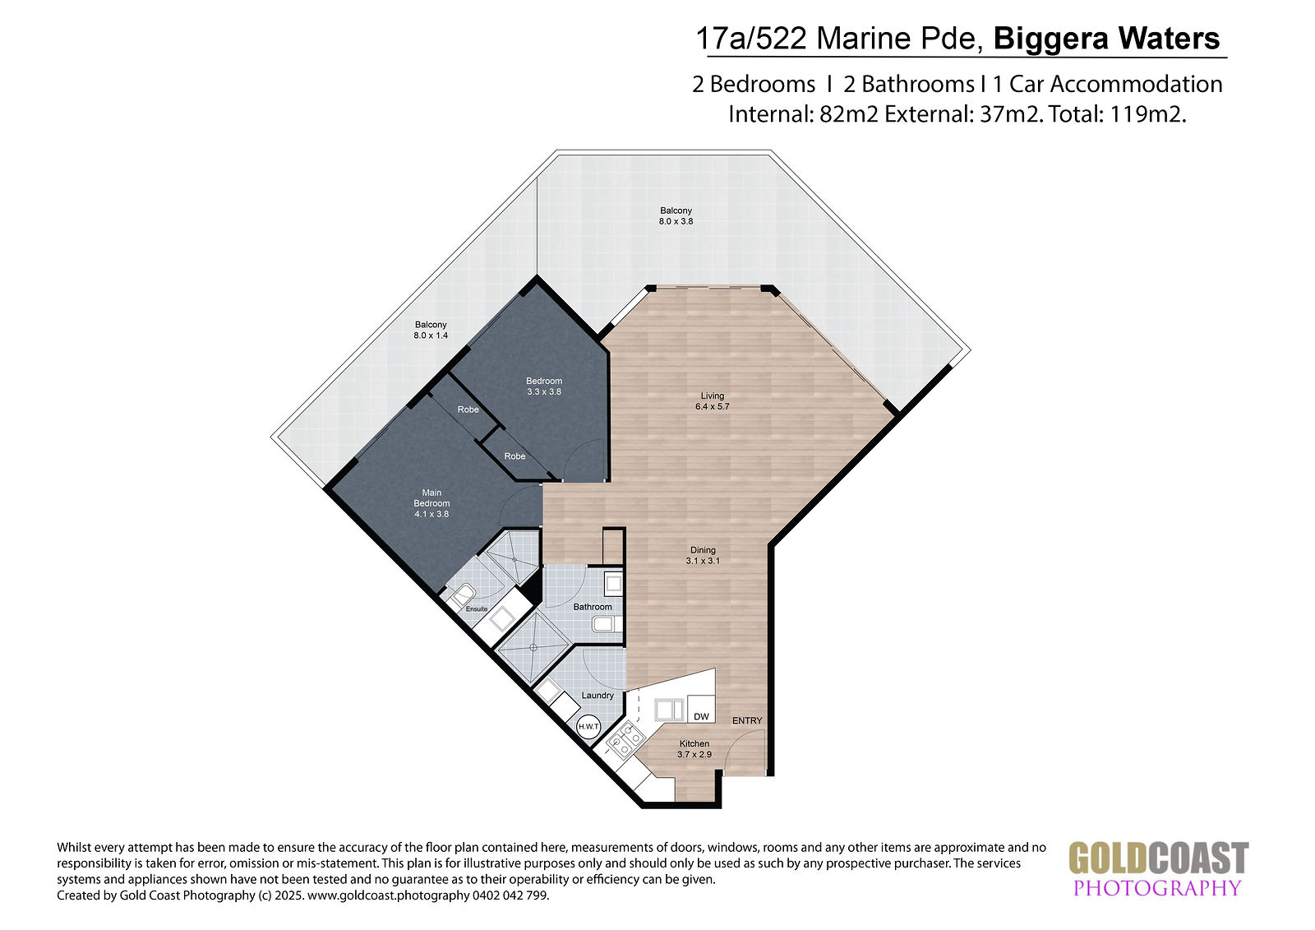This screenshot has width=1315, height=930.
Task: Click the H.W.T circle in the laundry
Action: pos(588,727)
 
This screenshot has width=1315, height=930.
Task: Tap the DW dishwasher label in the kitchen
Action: pos(702,717)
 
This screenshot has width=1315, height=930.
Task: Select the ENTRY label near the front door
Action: pos(747,720)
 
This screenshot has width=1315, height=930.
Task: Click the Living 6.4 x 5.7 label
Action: pos(712,401)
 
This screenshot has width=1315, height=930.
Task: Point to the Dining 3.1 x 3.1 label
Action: pos(703,555)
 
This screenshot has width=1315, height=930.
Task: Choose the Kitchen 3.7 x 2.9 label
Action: pos(694,749)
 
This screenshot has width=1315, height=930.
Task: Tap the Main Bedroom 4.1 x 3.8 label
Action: pos(431,503)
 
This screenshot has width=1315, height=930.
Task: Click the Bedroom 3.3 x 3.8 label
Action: pos(543,386)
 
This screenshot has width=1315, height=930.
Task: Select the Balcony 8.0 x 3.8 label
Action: pos(676,215)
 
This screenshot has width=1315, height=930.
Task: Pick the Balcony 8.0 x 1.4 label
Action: pos(431,331)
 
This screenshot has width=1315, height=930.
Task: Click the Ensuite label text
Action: pos(477,608)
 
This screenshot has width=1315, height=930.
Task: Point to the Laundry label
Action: pos(598,695)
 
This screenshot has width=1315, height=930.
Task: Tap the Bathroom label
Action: pos(593,607)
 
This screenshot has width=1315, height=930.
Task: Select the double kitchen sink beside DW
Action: pos(669,710)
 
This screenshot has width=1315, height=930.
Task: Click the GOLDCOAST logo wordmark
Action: pos(1158,858)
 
